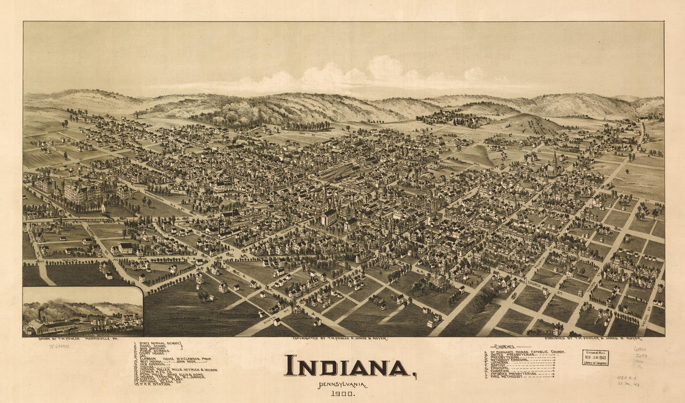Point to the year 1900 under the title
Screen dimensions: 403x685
pos(342,392)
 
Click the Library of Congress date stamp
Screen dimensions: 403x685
pos(595,357)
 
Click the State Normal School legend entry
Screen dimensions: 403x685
pos(158,344)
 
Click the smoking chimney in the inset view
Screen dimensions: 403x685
pos(40,314)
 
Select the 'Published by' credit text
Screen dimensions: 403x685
pos(594,339)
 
